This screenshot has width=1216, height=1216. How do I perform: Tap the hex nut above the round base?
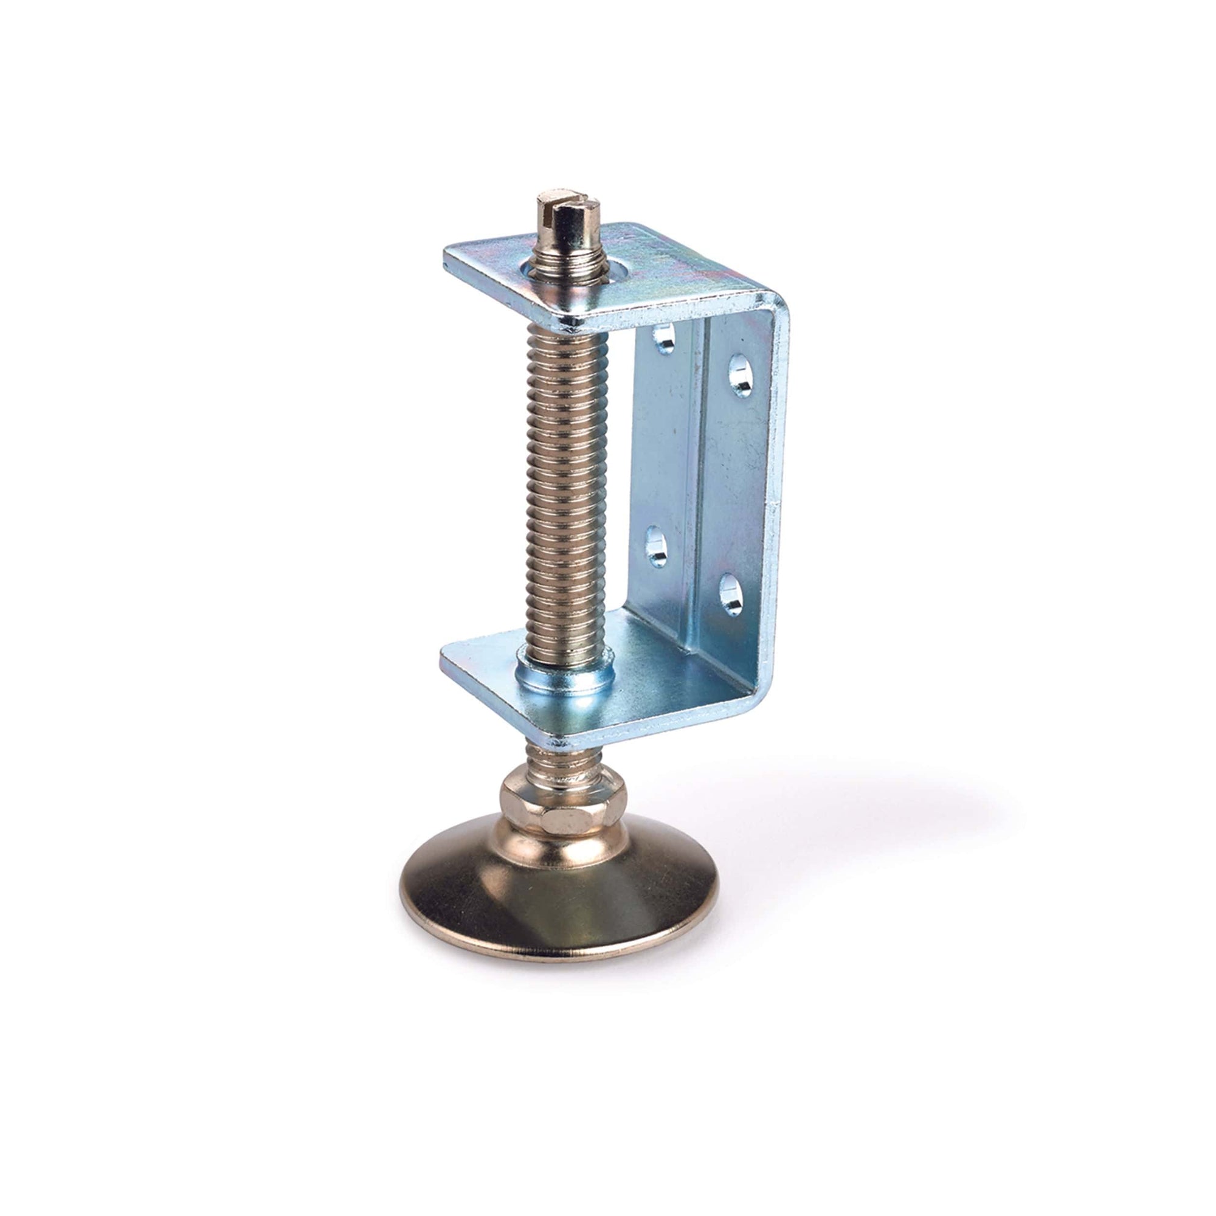(x=564, y=803)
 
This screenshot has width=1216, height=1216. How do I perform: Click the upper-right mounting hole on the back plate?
(x=742, y=376)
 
